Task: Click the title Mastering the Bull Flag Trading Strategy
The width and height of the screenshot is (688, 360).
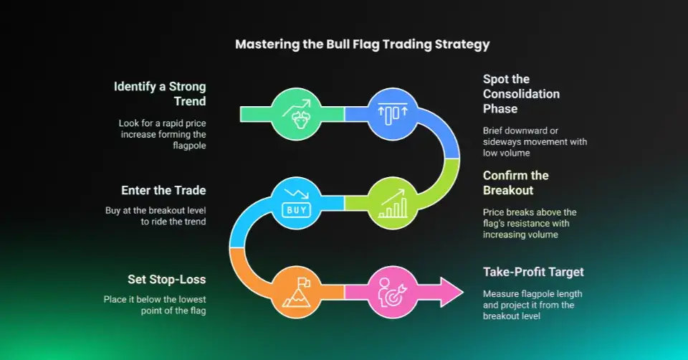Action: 362,44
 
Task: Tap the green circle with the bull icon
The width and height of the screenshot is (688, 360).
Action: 296,114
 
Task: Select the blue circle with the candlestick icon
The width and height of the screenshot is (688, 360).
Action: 393,114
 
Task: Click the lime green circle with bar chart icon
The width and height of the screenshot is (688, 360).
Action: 393,203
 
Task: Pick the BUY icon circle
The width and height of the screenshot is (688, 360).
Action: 296,203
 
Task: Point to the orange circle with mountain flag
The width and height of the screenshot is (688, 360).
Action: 296,293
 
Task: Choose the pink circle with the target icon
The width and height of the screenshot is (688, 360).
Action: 393,293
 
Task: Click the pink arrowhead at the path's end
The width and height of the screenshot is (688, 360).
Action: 451,293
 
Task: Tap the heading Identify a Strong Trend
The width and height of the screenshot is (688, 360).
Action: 160,93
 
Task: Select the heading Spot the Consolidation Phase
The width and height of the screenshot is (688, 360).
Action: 521,94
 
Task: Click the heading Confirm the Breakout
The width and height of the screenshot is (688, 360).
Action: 515,183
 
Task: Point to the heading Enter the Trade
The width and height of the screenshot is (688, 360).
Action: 163,190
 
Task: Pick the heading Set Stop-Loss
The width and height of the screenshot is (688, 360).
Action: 167,279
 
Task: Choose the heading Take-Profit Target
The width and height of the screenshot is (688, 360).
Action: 533,272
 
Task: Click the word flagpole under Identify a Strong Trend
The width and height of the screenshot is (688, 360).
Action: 189,146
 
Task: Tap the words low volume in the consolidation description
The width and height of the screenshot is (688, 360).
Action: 507,153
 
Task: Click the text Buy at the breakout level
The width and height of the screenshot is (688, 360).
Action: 156,211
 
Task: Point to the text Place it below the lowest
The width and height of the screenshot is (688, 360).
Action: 155,300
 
